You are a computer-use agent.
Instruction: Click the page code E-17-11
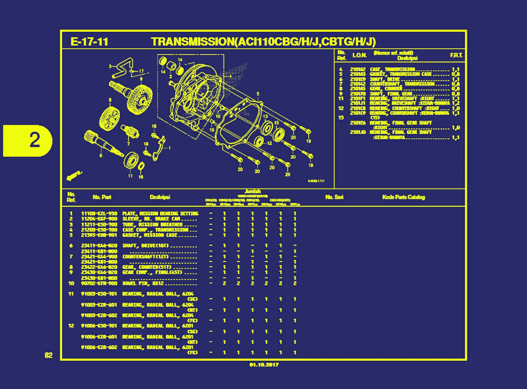tap(89, 42)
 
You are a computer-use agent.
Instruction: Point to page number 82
tap(49, 356)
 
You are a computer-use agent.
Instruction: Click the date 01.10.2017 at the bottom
tap(264, 365)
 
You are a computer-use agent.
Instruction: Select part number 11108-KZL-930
tap(99, 214)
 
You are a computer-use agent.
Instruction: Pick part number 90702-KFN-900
tap(99, 283)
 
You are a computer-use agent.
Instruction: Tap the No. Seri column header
tap(334, 197)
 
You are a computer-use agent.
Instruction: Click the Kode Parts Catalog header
tap(403, 197)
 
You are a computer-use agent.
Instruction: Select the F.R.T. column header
tap(456, 55)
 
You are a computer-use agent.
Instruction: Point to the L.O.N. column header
tap(359, 55)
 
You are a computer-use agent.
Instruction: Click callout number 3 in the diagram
tap(110, 66)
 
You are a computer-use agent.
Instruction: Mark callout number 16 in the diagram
tap(141, 177)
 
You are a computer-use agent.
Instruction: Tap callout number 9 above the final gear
tap(141, 79)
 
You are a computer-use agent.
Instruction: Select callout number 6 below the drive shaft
tap(101, 155)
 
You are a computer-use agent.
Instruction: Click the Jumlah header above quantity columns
tap(252, 191)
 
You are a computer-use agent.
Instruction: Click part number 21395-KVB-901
tap(99, 235)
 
